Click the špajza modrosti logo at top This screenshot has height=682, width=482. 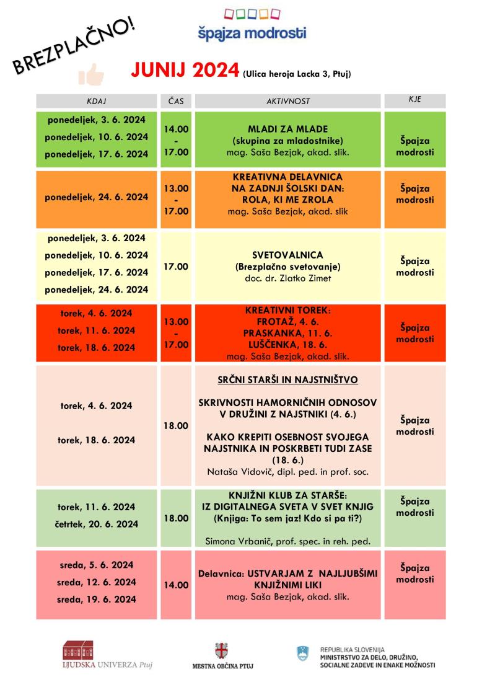click(x=252, y=25)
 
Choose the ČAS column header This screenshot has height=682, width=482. click(x=176, y=101)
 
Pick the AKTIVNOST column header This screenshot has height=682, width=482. click(x=287, y=101)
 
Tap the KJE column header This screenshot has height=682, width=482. click(x=414, y=100)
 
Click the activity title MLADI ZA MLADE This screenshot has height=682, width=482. click(x=287, y=128)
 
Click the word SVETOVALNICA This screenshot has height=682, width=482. click(x=287, y=255)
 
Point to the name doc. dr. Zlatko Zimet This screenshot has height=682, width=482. click(x=287, y=278)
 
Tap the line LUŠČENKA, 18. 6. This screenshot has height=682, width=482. click(x=287, y=345)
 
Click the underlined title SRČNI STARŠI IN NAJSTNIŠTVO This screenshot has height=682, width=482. click(x=287, y=379)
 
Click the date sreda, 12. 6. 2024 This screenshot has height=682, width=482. click(x=97, y=582)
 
